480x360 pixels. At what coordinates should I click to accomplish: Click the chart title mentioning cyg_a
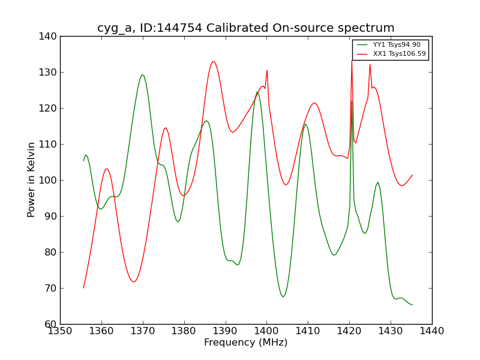pyautogui.click(x=245, y=28)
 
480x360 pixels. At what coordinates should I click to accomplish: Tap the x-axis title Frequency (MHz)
pyautogui.click(x=245, y=343)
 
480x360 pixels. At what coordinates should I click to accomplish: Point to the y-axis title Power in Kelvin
pyautogui.click(x=32, y=179)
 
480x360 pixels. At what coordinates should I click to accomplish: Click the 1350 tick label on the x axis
pyautogui.click(x=60, y=331)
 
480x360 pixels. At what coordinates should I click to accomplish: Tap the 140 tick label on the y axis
pyautogui.click(x=50, y=36)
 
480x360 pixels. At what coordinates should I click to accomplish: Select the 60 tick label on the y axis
pyautogui.click(x=52, y=324)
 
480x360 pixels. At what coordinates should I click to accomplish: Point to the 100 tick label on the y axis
pyautogui.click(x=50, y=180)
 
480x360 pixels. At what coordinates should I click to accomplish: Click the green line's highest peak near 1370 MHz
pyautogui.click(x=142, y=74)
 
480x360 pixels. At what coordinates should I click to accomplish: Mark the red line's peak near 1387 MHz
pyautogui.click(x=212, y=61)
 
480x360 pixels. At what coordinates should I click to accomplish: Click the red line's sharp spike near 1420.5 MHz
pyautogui.click(x=352, y=60)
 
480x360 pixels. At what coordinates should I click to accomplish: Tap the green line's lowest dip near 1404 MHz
pyautogui.click(x=283, y=296)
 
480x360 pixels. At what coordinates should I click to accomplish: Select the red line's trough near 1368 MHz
pyautogui.click(x=134, y=282)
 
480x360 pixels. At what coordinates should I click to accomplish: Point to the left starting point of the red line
pyautogui.click(x=83, y=288)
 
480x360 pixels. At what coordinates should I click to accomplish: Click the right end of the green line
pyautogui.click(x=412, y=305)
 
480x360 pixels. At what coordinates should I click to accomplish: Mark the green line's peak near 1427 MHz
pyautogui.click(x=378, y=182)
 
